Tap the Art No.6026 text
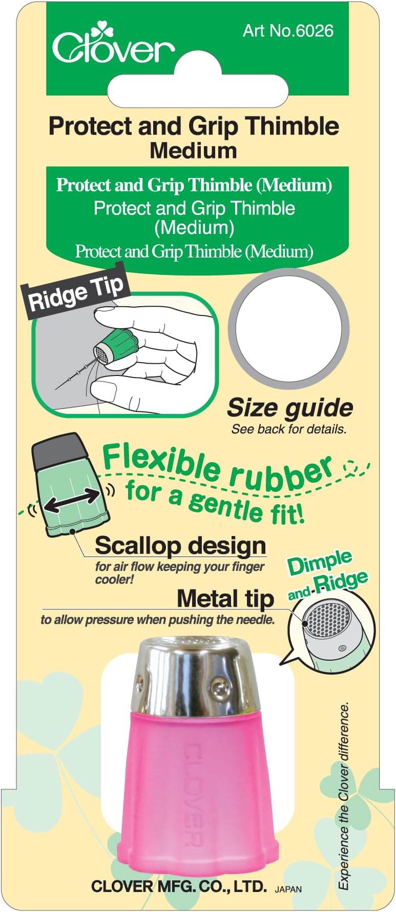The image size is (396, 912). click(288, 31)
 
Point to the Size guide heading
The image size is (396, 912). click(290, 408)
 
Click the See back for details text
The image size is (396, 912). click(289, 429)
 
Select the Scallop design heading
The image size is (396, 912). click(180, 545)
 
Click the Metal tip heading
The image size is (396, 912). click(225, 598)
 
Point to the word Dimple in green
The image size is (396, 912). click(320, 564)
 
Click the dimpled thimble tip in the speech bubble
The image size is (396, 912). click(328, 621)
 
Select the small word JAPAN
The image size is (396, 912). click(288, 889)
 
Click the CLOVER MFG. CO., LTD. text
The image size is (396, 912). click(179, 886)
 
